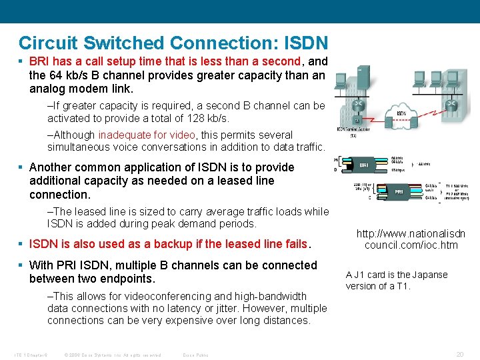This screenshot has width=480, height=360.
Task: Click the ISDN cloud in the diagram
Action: pos(401,113)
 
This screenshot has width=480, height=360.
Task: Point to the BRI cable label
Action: pos(364,163)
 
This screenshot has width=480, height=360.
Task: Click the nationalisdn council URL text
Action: pos(411,239)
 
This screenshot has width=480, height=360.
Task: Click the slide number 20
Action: pos(459,355)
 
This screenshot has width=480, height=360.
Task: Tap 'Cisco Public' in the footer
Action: pos(195,355)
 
